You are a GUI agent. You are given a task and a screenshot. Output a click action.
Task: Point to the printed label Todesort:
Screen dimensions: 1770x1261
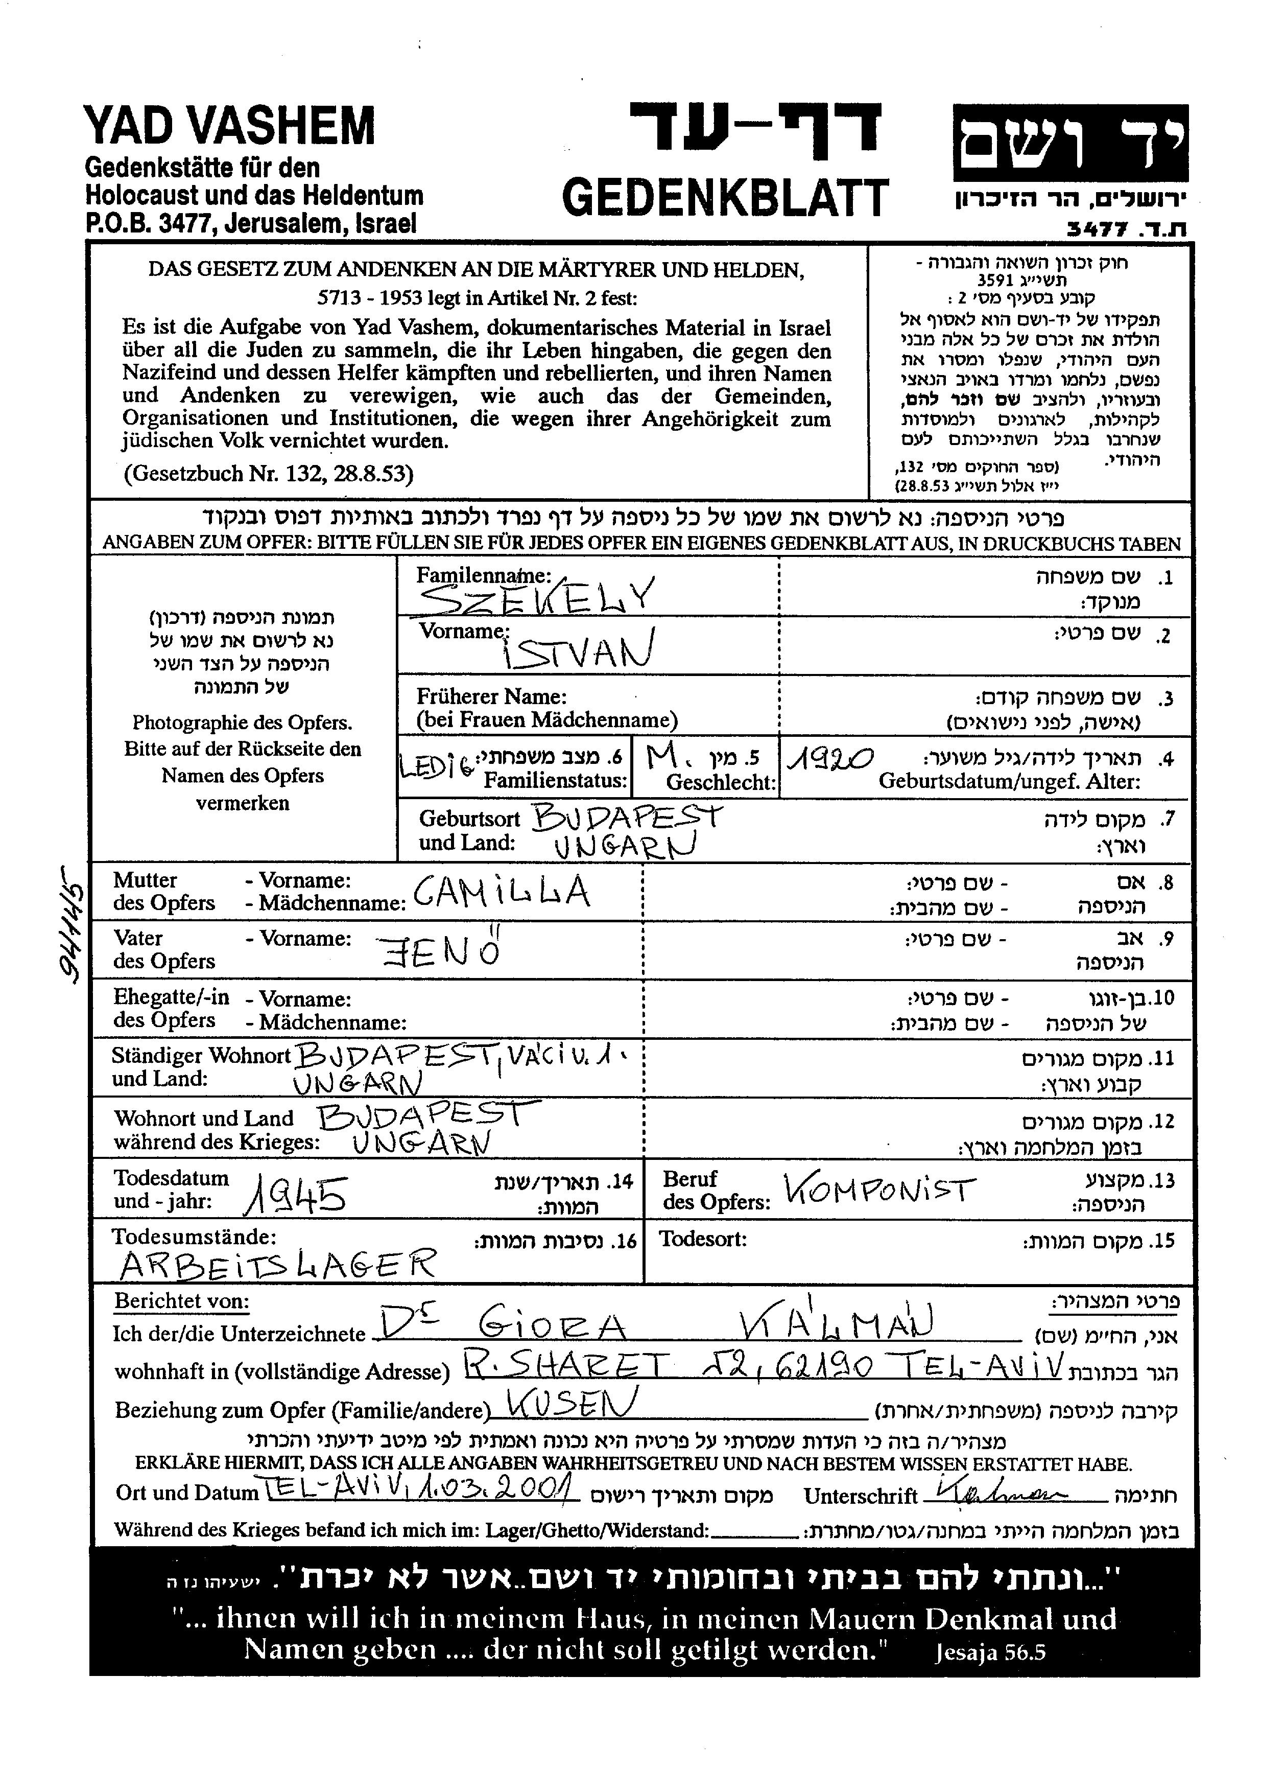pos(703,1239)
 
